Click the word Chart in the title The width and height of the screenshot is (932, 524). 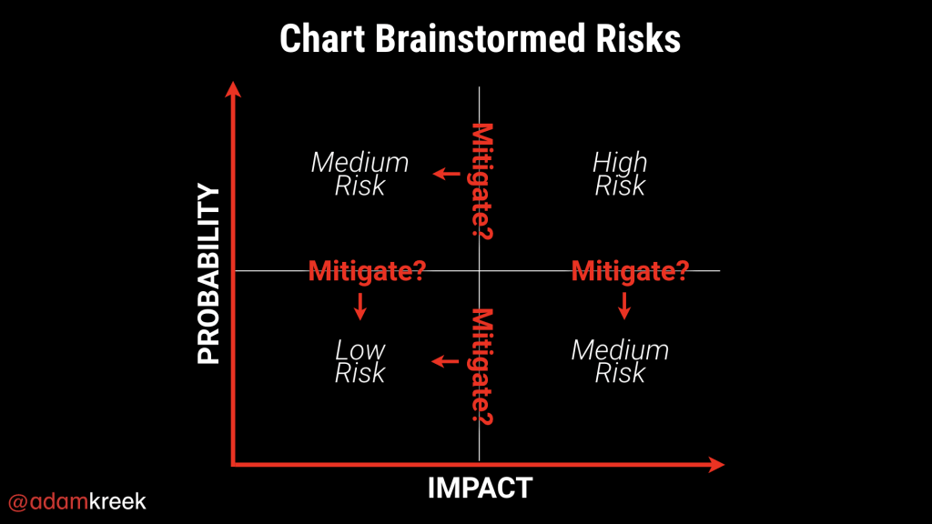[322, 39]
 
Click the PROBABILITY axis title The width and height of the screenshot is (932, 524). [208, 273]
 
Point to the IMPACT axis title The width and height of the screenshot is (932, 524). [481, 489]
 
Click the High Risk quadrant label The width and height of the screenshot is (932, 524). [620, 174]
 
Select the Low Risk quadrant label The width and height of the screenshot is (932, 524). [360, 361]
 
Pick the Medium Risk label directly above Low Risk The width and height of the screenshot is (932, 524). [360, 174]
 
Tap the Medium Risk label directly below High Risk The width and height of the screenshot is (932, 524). [620, 361]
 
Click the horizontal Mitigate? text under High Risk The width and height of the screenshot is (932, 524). [630, 271]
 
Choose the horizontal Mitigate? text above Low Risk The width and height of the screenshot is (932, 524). [368, 271]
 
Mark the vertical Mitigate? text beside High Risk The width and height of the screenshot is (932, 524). [482, 181]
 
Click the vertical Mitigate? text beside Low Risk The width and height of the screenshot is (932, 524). [482, 367]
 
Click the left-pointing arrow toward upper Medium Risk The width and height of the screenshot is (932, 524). [446, 174]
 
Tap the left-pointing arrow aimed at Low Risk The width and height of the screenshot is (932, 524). [445, 361]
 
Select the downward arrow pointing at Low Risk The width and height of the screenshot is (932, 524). [360, 307]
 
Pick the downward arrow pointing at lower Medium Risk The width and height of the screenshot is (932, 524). [624, 306]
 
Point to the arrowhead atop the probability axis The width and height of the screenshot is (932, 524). [233, 89]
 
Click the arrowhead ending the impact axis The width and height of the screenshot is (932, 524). [717, 465]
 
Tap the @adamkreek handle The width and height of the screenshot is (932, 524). [77, 502]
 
